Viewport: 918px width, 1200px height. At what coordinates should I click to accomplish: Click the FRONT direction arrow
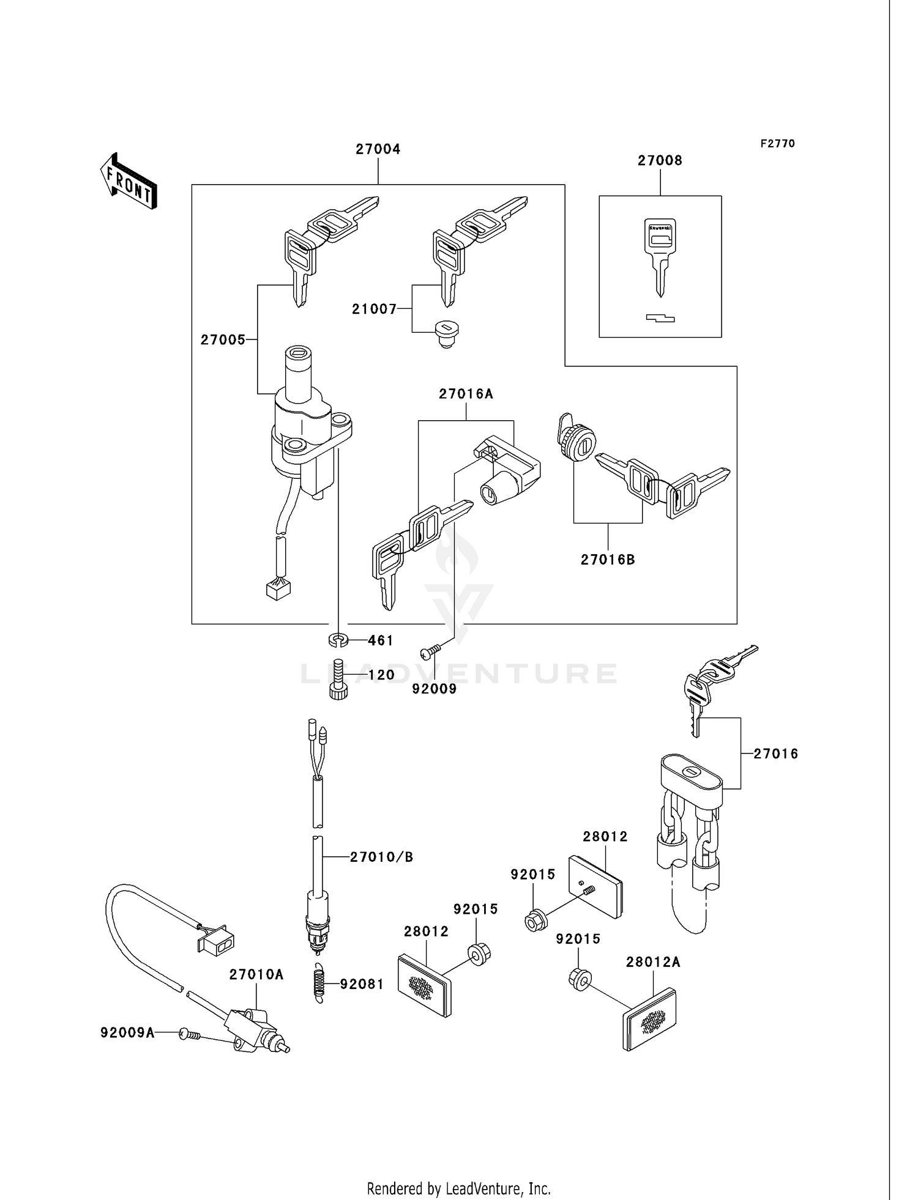(x=129, y=182)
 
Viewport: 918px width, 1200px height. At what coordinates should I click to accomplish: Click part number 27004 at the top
(x=378, y=149)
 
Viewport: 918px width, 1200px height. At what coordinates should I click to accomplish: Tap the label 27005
(x=223, y=340)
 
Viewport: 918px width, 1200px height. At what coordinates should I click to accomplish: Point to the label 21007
(x=374, y=309)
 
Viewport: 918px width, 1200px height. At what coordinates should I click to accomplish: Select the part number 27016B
(x=608, y=560)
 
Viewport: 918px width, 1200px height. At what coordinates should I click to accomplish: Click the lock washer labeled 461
(x=338, y=640)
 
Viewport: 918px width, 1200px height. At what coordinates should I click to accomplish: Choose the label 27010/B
(x=381, y=857)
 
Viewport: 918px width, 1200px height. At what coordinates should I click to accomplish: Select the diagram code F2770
(x=777, y=144)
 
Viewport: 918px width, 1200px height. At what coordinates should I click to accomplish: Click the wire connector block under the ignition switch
(x=278, y=590)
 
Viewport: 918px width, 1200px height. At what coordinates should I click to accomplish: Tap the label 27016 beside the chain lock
(x=775, y=754)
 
